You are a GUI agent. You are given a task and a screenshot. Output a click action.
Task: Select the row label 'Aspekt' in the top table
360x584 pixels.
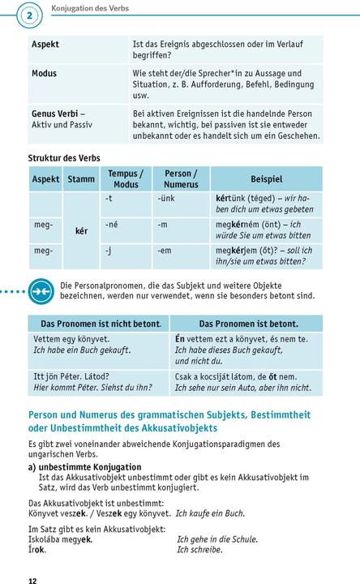(45, 45)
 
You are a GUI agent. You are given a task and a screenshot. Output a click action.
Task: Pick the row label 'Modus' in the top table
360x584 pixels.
(44, 73)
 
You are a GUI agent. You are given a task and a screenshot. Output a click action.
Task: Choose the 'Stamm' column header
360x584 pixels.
(81, 178)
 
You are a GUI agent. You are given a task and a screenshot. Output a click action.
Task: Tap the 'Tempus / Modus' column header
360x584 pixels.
(125, 178)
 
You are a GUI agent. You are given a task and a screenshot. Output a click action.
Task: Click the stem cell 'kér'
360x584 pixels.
(81, 231)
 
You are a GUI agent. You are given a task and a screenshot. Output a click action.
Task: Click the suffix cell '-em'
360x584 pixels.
(167, 251)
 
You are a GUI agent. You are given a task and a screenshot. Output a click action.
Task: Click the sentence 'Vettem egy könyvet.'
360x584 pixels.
(71, 338)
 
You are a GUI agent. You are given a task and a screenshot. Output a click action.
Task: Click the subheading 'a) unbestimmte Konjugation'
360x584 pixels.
(84, 467)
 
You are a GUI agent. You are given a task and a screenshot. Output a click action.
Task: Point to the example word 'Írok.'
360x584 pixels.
(36, 549)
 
